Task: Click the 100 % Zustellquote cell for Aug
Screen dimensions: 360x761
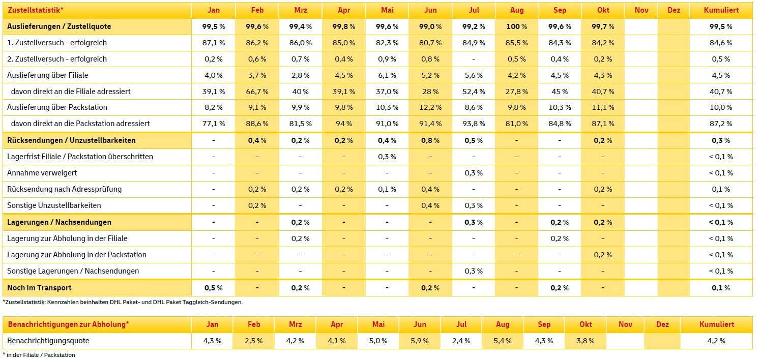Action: coord(516,26)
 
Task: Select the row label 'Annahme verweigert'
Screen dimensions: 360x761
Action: coord(42,173)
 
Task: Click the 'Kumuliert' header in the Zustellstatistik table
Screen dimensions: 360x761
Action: coord(720,10)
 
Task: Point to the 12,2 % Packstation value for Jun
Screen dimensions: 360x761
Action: coord(430,107)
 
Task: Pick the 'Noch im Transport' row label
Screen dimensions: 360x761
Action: coord(39,288)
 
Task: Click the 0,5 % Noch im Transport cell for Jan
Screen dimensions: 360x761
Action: coord(213,288)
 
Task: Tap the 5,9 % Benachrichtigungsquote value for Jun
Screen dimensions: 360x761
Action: coord(420,341)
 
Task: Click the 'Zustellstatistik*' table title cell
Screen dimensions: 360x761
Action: coord(36,10)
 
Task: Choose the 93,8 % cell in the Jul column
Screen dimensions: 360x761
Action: coord(473,124)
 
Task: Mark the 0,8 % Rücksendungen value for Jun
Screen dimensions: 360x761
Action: coord(430,140)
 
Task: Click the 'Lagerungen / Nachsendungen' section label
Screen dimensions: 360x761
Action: coord(59,222)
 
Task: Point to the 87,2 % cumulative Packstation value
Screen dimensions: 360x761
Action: coord(720,124)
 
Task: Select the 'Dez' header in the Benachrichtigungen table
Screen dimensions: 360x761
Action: coord(662,324)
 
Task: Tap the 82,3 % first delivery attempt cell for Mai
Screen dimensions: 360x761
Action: coord(387,43)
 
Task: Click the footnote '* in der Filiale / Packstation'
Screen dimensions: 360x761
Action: coord(39,355)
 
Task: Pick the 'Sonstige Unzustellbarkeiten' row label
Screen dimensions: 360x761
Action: coord(54,205)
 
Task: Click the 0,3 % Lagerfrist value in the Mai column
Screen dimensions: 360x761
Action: coord(387,157)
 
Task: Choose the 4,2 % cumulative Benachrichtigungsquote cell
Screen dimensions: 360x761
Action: coord(716,341)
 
